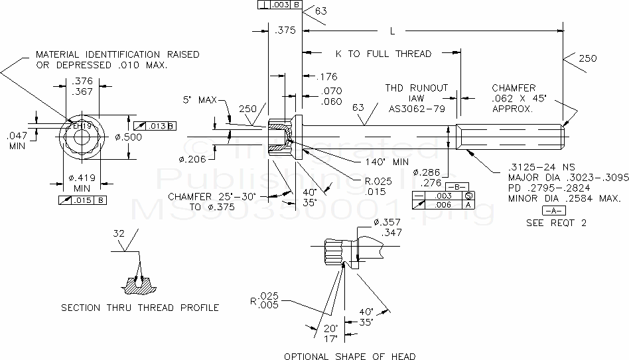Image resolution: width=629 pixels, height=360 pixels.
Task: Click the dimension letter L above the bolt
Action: click(x=393, y=31)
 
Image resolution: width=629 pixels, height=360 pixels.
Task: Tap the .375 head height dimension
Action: click(x=285, y=31)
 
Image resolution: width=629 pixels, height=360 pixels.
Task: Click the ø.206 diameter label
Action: click(x=192, y=159)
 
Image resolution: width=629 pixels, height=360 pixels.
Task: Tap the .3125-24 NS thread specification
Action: click(x=539, y=167)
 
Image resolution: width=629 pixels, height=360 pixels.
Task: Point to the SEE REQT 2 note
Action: click(x=556, y=223)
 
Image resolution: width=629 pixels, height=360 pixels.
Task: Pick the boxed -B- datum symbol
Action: click(x=458, y=186)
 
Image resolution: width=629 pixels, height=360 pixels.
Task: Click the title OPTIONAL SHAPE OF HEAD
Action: click(x=350, y=356)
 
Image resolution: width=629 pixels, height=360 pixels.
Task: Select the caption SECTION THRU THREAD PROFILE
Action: click(x=140, y=307)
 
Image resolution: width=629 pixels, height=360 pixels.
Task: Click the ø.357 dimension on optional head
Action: click(x=386, y=222)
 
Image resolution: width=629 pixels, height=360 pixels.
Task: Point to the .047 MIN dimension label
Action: click(x=17, y=139)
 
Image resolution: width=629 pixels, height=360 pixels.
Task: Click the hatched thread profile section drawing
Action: click(x=139, y=284)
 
